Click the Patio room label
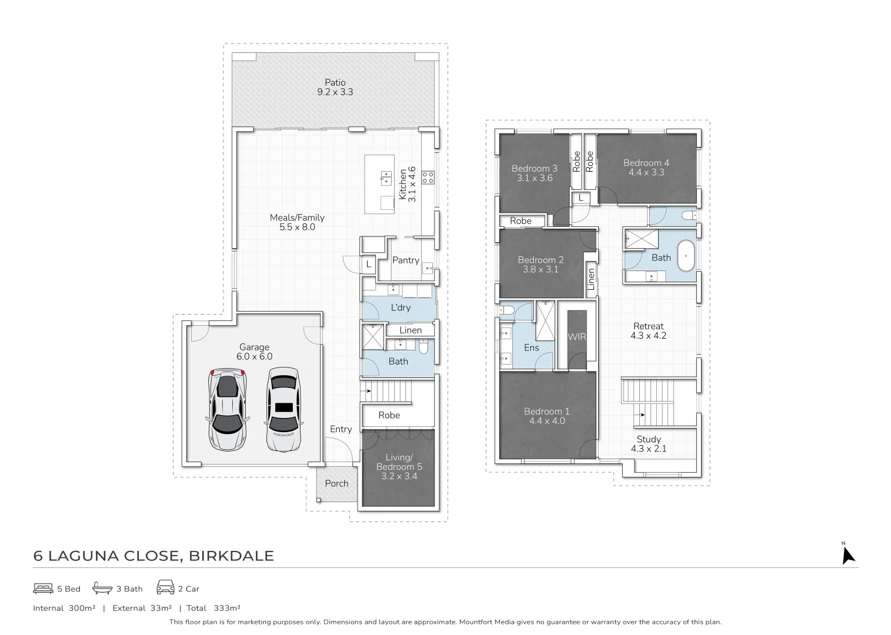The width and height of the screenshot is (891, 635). pos(335,82)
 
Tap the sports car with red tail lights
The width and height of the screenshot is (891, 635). pos(228,410)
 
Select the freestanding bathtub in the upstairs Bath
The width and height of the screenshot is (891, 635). pos(686,256)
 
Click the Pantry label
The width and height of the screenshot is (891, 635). pos(406,260)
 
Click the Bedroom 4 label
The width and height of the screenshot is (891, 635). pos(646,163)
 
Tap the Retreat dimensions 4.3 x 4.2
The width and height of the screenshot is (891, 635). pos(648,336)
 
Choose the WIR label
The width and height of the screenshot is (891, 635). pos(577,337)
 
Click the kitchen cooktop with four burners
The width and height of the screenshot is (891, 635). pos(428,178)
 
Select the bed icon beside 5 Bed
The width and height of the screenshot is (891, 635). pos(43,589)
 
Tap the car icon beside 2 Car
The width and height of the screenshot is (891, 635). pos(165,587)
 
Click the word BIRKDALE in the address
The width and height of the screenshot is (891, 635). pos(231,556)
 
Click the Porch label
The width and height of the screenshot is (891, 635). pos(336,483)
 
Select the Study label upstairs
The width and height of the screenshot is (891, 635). pos(649,439)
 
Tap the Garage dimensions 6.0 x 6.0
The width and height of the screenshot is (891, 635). pos(254,357)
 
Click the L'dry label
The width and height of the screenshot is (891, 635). pos(401,308)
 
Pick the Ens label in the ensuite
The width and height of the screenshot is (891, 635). pos(532,348)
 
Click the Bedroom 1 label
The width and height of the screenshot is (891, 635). pos(547,412)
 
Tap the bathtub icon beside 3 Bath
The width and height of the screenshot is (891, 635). pos(102,588)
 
